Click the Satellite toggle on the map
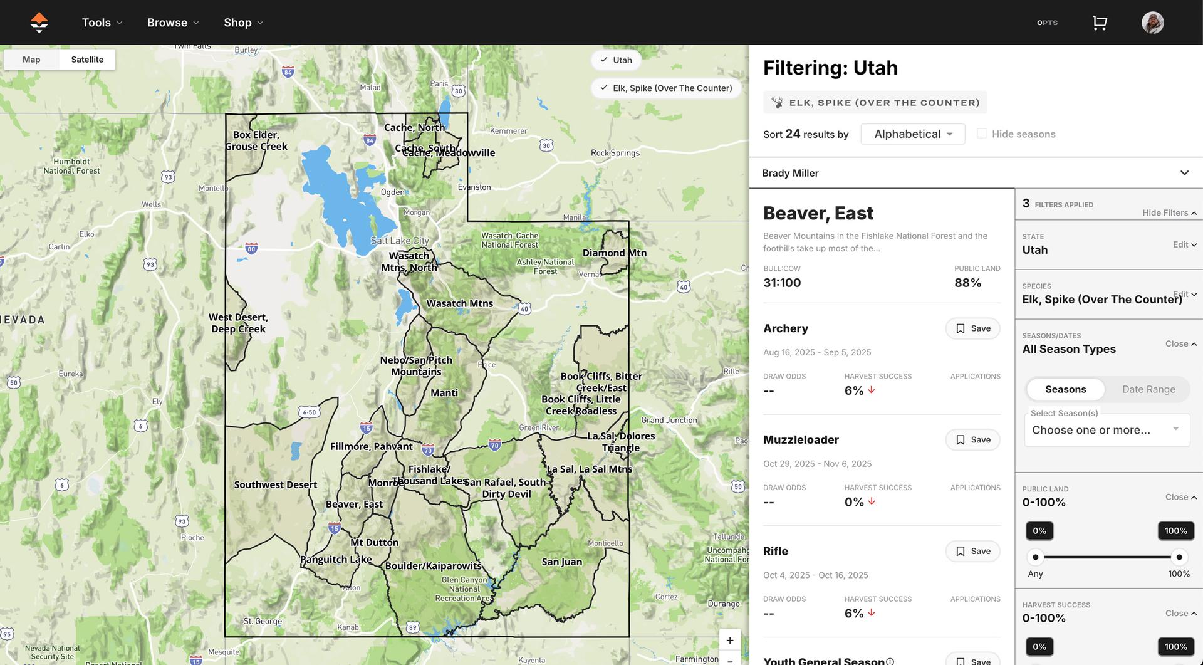(x=87, y=60)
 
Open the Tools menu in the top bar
(x=102, y=23)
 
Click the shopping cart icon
(x=1100, y=23)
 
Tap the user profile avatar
(x=1152, y=23)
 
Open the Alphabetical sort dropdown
(x=912, y=134)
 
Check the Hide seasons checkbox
(x=982, y=134)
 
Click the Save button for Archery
(x=972, y=328)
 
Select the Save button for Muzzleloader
(x=972, y=440)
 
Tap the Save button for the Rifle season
(x=972, y=552)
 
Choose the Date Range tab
(x=1148, y=389)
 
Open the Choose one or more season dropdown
(x=1107, y=430)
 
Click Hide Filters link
(x=1169, y=213)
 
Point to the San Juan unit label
(x=561, y=562)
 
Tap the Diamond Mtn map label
(x=614, y=253)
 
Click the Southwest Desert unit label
(x=275, y=484)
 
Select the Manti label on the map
(x=444, y=393)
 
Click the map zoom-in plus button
(x=729, y=640)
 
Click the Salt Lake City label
(x=400, y=241)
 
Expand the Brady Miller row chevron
(x=1184, y=173)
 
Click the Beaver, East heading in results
(x=818, y=213)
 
